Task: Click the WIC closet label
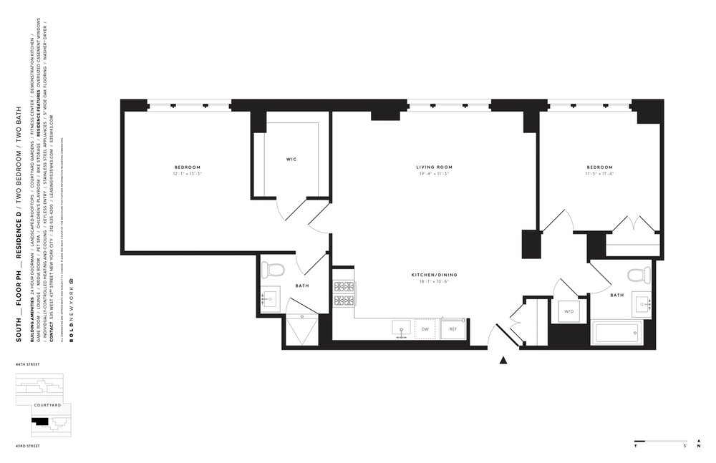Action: (291, 160)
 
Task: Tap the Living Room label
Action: (435, 167)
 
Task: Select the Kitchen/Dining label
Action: (434, 275)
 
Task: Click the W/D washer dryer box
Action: (570, 312)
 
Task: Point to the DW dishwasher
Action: (425, 329)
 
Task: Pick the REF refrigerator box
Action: (453, 329)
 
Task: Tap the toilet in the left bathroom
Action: (273, 269)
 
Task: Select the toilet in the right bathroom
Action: (639, 274)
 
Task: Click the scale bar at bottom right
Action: (659, 441)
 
